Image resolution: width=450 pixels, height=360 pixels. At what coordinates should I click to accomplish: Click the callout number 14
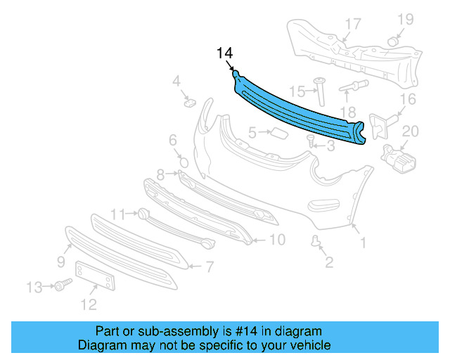point(224,53)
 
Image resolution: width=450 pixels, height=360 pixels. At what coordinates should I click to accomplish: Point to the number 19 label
point(407,18)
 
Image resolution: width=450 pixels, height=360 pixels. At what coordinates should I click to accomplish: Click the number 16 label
point(409,99)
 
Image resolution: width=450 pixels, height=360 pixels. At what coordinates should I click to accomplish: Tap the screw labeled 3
point(311,141)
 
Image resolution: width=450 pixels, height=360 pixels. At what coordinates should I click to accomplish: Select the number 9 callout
point(61,262)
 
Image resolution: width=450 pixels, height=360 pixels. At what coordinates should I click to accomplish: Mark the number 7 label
point(209,266)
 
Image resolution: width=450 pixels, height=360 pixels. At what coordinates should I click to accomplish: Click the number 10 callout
point(277,240)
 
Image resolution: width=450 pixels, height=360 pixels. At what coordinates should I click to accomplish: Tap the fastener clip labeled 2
point(316,243)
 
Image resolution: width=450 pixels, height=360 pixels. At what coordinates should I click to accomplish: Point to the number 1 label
point(363,244)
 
